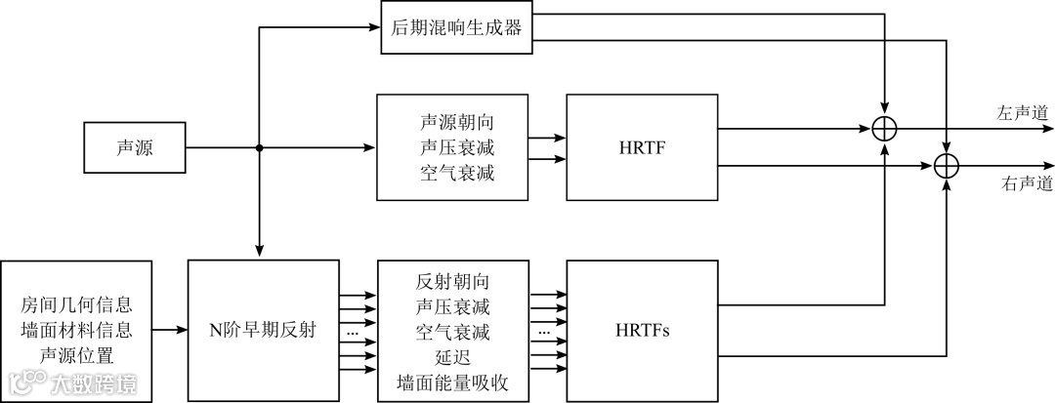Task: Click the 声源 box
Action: click(x=135, y=148)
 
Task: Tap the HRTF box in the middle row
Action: click(x=642, y=147)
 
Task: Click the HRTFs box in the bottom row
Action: click(x=642, y=331)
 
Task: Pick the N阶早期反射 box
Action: click(x=261, y=331)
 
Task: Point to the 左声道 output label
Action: click(x=1023, y=113)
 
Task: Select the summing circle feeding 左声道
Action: click(x=885, y=128)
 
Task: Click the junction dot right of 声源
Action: click(x=260, y=148)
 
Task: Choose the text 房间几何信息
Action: click(x=76, y=306)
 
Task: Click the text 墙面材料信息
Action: click(x=76, y=330)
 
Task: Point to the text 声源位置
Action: click(x=76, y=353)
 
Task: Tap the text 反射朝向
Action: click(x=452, y=284)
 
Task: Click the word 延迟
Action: click(x=452, y=356)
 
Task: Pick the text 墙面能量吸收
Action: click(x=452, y=381)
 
